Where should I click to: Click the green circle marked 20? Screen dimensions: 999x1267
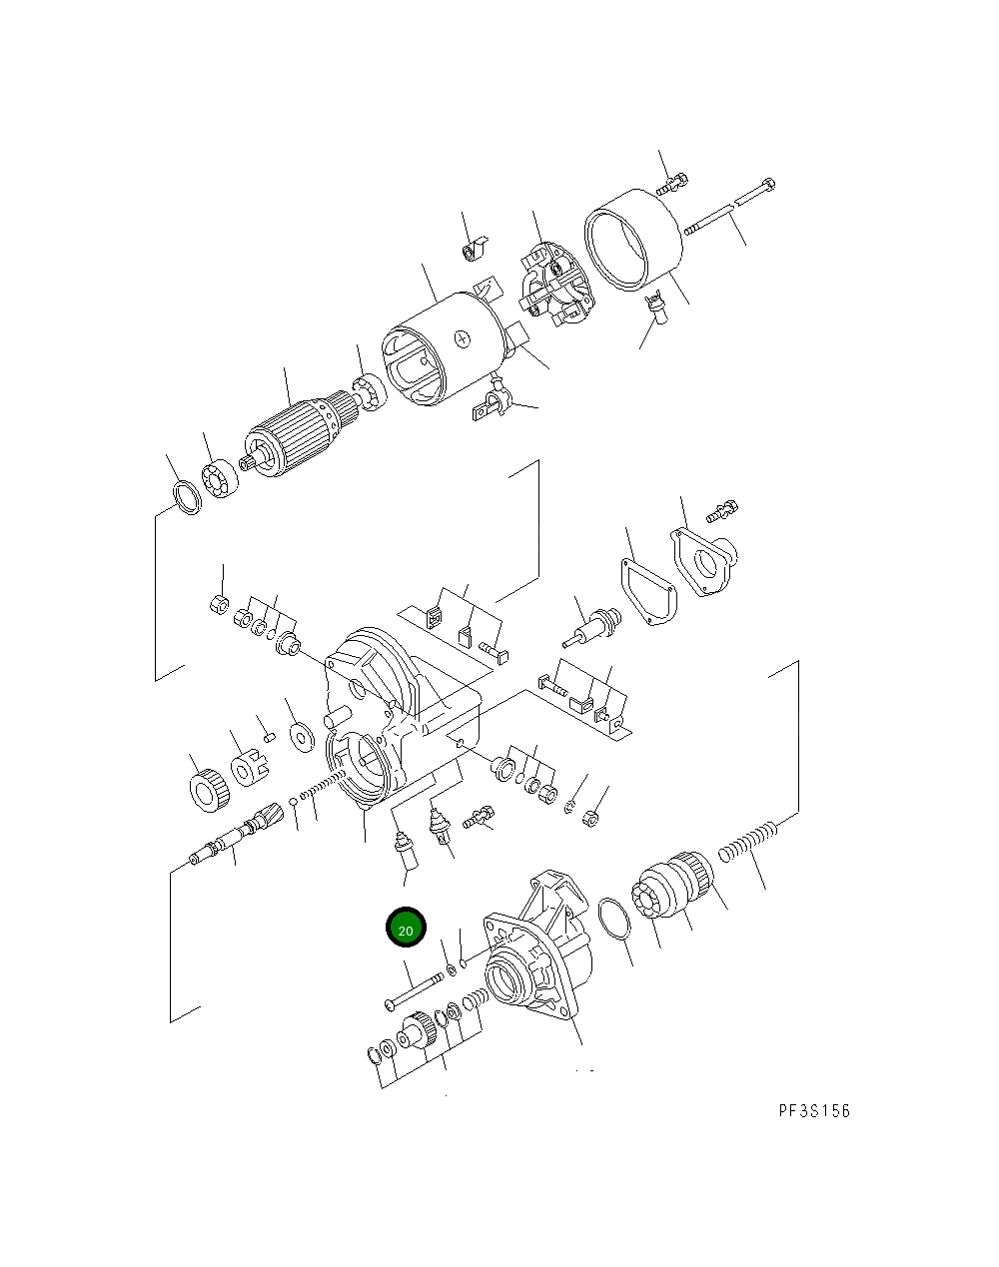406,927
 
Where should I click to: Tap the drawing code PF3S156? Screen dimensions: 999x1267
814,1110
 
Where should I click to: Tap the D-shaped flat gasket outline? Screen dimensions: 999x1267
648,591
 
